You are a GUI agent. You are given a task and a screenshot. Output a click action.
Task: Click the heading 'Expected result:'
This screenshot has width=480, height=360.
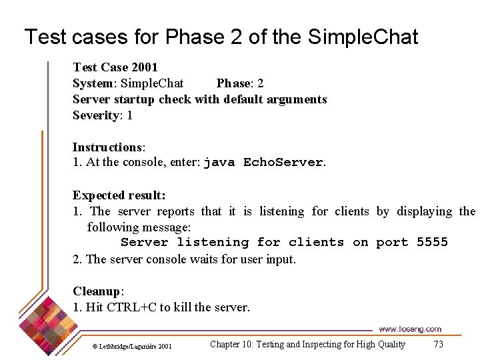point(119,195)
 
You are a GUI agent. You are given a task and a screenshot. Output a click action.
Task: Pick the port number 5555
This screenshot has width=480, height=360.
point(432,243)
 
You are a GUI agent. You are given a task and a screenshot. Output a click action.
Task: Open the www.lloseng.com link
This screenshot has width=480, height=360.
point(409,329)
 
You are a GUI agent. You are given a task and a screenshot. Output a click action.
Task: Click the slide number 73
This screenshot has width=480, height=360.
point(438,345)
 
